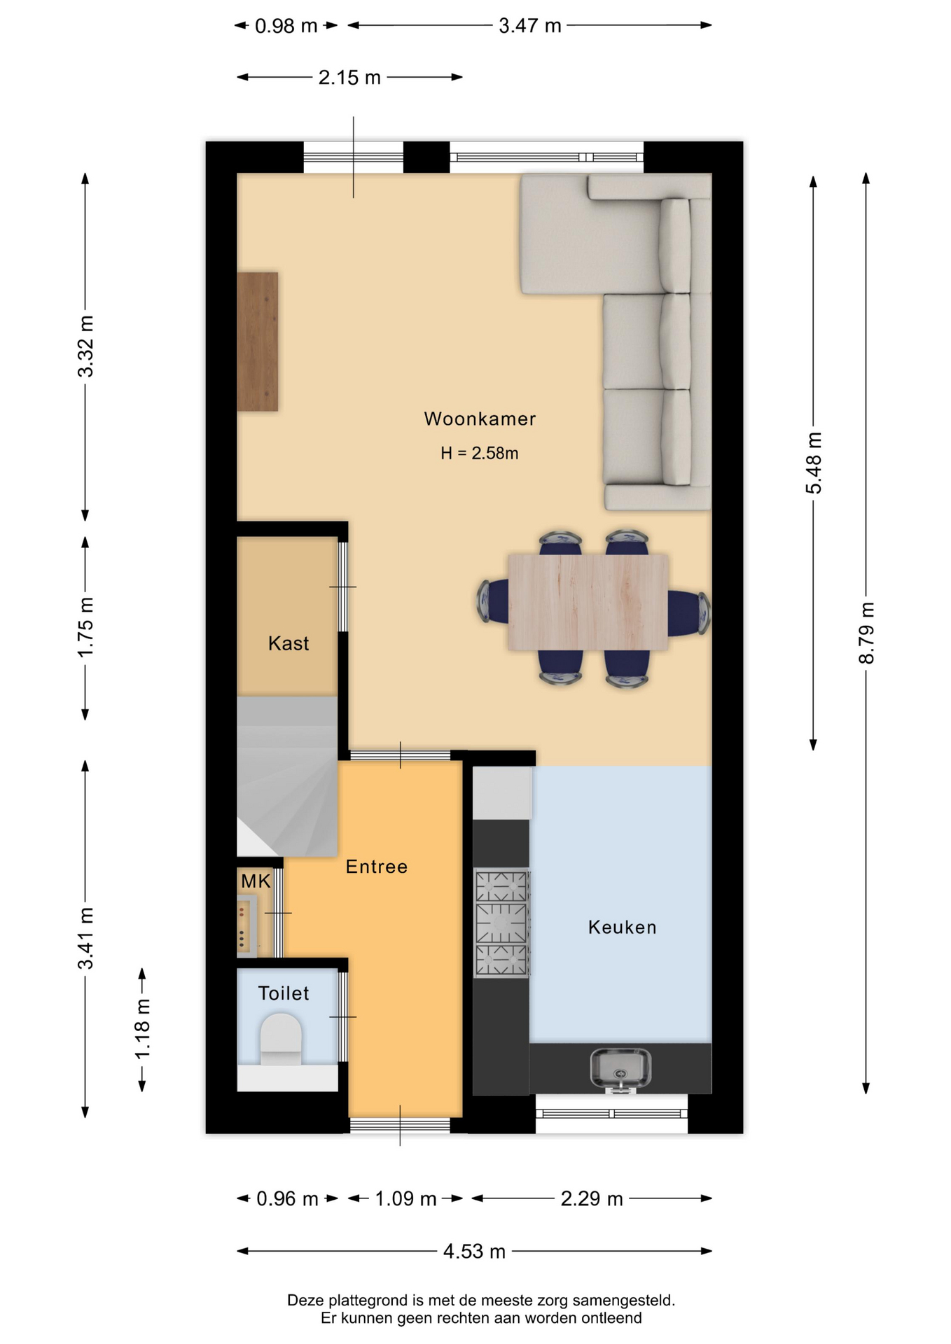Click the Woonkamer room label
(480, 419)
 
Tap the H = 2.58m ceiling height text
(480, 453)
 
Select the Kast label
(289, 643)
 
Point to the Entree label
(377, 867)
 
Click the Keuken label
(623, 927)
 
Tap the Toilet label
(284, 993)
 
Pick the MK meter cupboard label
(256, 881)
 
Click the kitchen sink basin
(620, 1069)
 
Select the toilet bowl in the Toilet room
(282, 1039)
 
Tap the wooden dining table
(588, 602)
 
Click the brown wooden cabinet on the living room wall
(258, 342)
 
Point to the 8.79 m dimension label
(866, 633)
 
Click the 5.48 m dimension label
(814, 463)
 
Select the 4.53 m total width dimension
(474, 1251)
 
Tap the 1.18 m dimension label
(142, 1030)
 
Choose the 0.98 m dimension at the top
(286, 26)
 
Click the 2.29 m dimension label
(592, 1199)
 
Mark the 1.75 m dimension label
(85, 628)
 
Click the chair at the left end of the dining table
(494, 601)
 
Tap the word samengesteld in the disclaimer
(624, 1301)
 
